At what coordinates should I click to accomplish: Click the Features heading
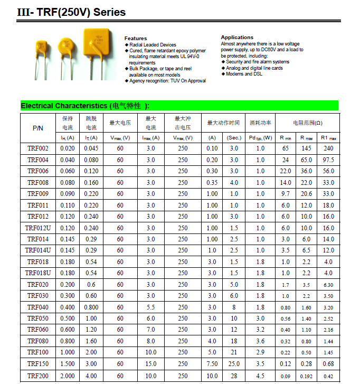point(136,39)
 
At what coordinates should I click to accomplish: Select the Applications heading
point(237,38)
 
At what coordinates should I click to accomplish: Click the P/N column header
point(38,128)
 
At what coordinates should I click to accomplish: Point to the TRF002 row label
point(38,148)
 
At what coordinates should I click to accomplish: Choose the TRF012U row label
point(38,228)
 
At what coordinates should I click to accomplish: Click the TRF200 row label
point(38,376)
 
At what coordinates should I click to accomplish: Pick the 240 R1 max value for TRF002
point(328,148)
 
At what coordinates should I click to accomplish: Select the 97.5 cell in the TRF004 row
point(328,160)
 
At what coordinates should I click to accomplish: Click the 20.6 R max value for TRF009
point(306,194)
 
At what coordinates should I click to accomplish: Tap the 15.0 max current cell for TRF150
point(151,364)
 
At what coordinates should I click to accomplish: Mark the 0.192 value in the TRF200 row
point(306,376)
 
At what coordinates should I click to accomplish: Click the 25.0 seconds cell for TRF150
point(234,364)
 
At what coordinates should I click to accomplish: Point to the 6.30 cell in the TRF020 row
point(328,285)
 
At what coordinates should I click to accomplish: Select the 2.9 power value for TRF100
point(260,352)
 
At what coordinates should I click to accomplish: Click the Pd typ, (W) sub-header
point(260,138)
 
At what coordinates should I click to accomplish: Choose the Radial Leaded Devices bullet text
point(153,45)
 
